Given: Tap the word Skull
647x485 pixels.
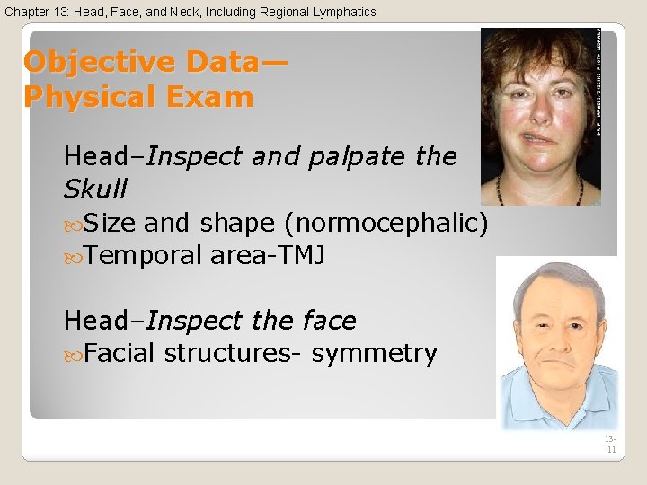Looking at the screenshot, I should click(x=95, y=190).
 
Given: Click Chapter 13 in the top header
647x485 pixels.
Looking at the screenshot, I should click(x=37, y=12).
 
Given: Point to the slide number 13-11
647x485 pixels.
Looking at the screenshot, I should click(x=611, y=443).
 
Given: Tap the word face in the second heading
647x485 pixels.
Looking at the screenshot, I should click(x=328, y=321).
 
